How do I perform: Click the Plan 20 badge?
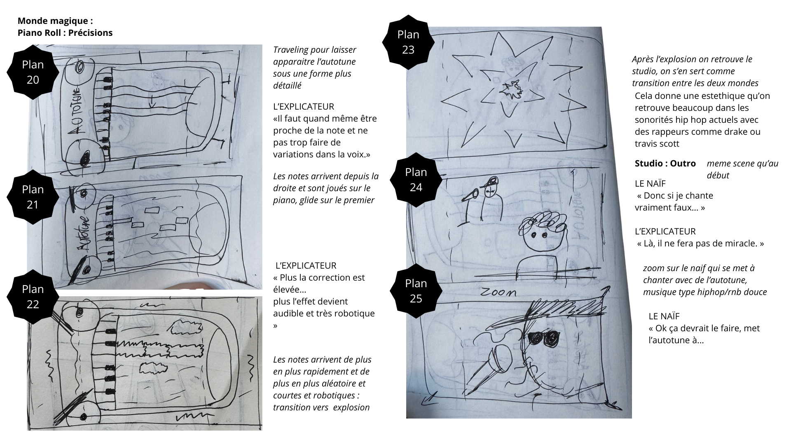[33, 72]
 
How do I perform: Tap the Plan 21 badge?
[33, 197]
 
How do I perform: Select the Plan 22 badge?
[33, 297]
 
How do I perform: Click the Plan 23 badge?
[408, 42]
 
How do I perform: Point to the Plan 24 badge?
[416, 179]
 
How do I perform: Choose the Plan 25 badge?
[416, 291]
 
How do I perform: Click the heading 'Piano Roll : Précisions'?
[65, 33]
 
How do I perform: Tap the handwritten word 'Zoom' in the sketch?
[498, 293]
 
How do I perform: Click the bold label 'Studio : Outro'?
[665, 164]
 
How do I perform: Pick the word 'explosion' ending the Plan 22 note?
[351, 408]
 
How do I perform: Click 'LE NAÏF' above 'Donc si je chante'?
[650, 183]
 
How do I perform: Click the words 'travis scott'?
[657, 144]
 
